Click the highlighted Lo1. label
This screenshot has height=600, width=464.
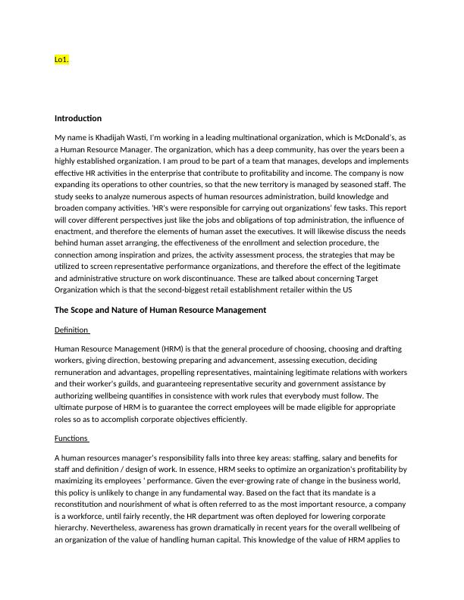click(x=62, y=58)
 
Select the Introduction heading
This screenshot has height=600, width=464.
click(x=78, y=118)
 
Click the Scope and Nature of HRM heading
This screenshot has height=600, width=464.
click(x=160, y=310)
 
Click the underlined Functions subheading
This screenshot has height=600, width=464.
click(x=72, y=439)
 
